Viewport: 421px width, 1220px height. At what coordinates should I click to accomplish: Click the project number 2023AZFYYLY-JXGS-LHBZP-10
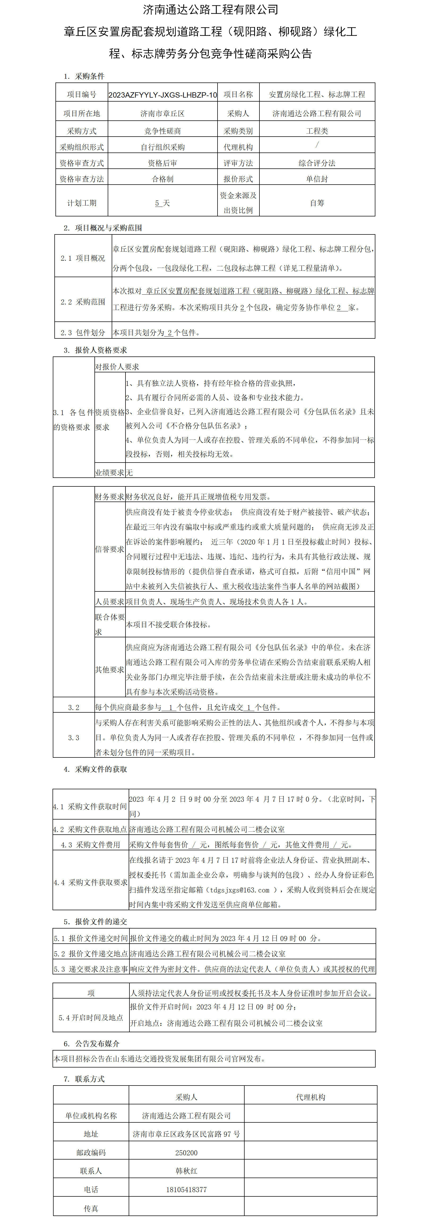click(x=162, y=95)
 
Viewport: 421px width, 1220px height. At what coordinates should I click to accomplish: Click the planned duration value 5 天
click(x=162, y=203)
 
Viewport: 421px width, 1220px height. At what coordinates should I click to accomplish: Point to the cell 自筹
click(x=317, y=203)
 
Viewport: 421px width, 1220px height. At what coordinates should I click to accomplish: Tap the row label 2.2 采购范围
click(x=83, y=302)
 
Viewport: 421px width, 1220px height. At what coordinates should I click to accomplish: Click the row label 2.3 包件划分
click(x=83, y=333)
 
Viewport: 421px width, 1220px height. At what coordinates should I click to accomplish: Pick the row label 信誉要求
click(x=109, y=549)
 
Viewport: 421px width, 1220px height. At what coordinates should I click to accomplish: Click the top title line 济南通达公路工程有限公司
click(x=210, y=10)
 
